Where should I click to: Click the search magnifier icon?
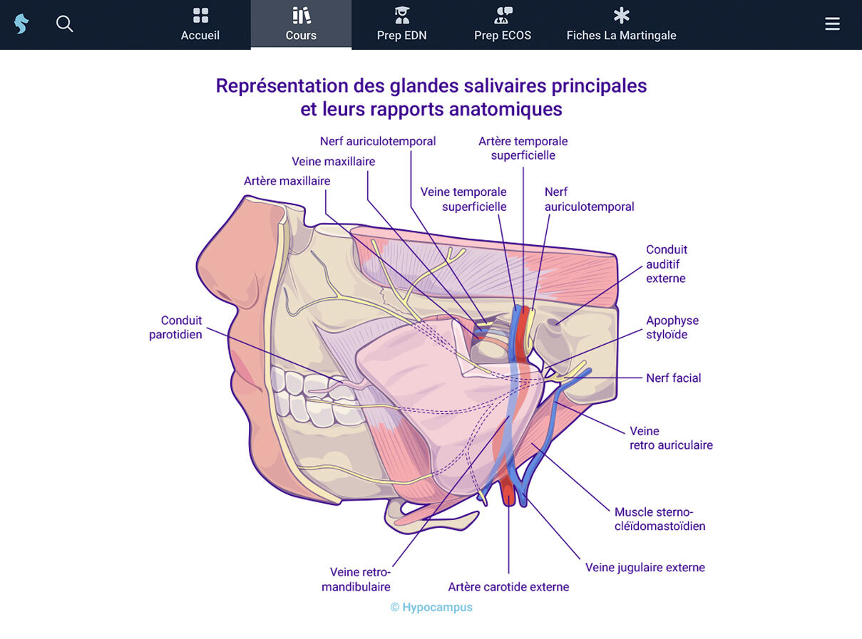[x=65, y=24]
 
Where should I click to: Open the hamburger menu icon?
[x=832, y=24]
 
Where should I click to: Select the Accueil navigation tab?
[x=200, y=25]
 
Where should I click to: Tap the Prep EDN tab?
[x=401, y=25]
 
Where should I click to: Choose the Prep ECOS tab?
[x=503, y=25]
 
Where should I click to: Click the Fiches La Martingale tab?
[x=621, y=25]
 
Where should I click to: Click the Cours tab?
[x=301, y=25]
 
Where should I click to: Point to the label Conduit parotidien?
[x=175, y=328]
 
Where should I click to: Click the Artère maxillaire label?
[x=287, y=181]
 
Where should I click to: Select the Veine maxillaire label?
[x=333, y=162]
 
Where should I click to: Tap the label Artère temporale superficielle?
[x=523, y=148]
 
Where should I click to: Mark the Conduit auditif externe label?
[x=667, y=264]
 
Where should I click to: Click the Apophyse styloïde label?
[x=672, y=328]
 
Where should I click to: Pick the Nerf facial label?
[x=673, y=378]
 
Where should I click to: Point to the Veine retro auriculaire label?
[x=670, y=438]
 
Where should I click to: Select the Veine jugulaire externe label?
[x=645, y=568]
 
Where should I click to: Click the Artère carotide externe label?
[x=508, y=587]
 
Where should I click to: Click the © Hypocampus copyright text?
[x=431, y=608]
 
